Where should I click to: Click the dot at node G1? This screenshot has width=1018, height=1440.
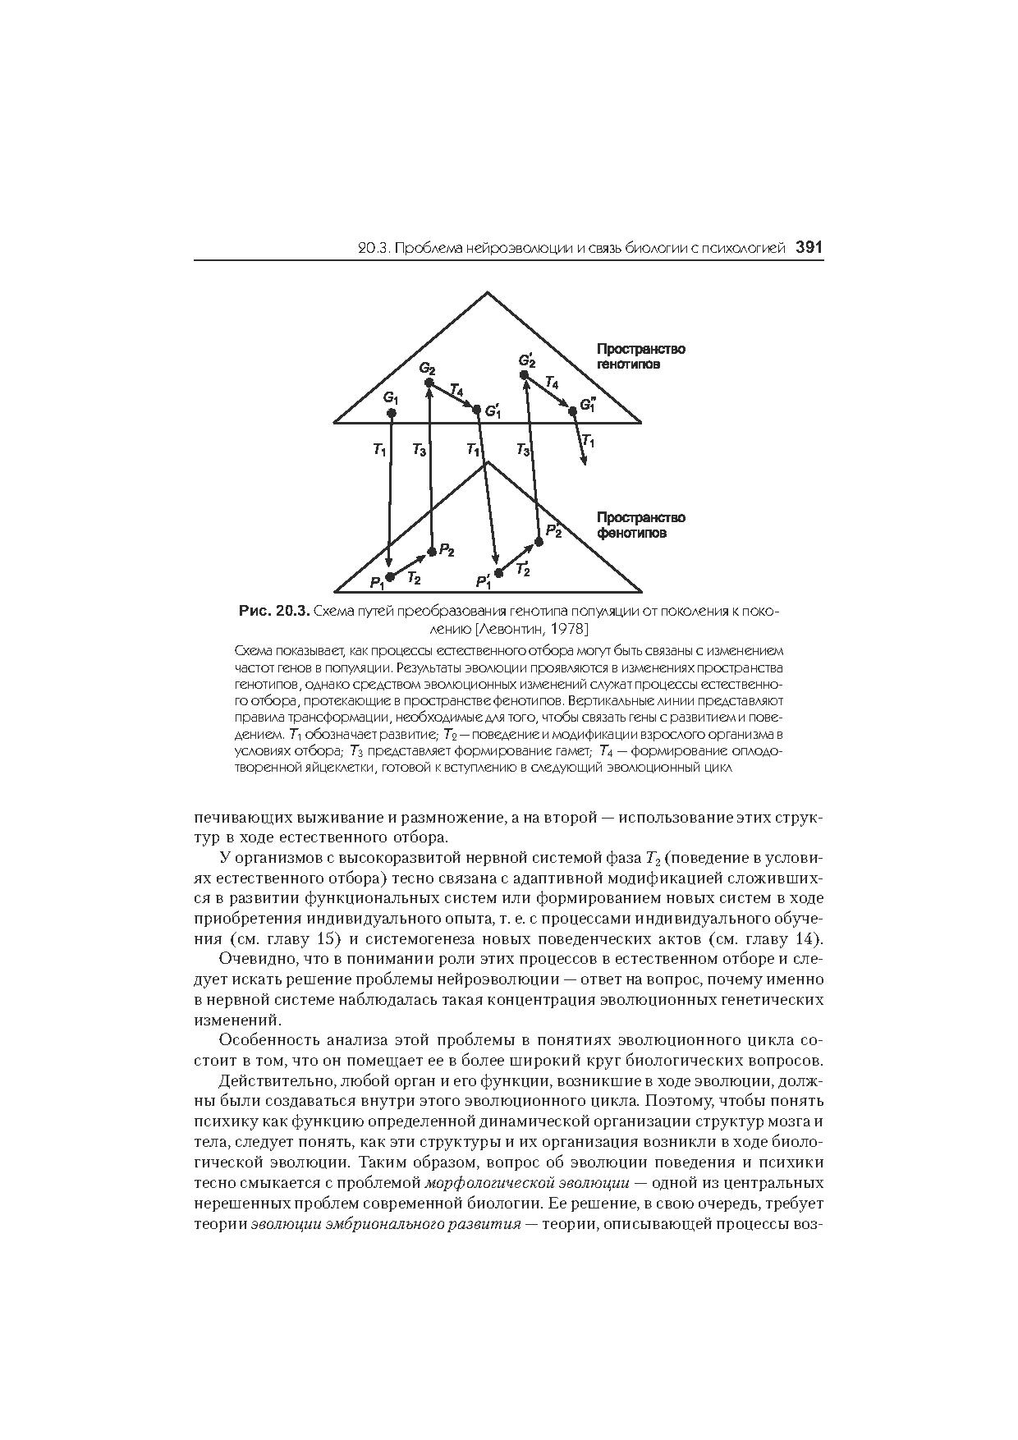coord(392,412)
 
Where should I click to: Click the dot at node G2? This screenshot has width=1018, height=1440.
coord(429,383)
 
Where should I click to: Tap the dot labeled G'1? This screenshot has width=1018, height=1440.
coord(476,409)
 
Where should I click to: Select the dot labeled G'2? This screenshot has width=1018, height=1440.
coord(524,374)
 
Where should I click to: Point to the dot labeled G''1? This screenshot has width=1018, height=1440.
coord(573,410)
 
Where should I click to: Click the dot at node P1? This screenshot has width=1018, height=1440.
coord(390,576)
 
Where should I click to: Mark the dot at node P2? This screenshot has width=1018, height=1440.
coord(432,551)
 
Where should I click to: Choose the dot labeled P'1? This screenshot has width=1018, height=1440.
coord(498,573)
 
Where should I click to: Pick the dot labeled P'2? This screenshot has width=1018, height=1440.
coord(539,541)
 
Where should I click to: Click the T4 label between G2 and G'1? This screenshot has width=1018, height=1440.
coord(456,389)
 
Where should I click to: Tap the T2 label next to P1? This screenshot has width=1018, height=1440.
coord(414,578)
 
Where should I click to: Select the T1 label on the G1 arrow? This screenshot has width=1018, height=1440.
coord(378,449)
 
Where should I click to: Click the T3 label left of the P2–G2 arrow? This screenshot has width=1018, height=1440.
coord(419,450)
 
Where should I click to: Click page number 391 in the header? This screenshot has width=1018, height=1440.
coord(809,247)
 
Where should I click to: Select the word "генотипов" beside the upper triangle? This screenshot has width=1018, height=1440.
coord(628,364)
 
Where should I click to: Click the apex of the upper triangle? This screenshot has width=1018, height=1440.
coord(488,292)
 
